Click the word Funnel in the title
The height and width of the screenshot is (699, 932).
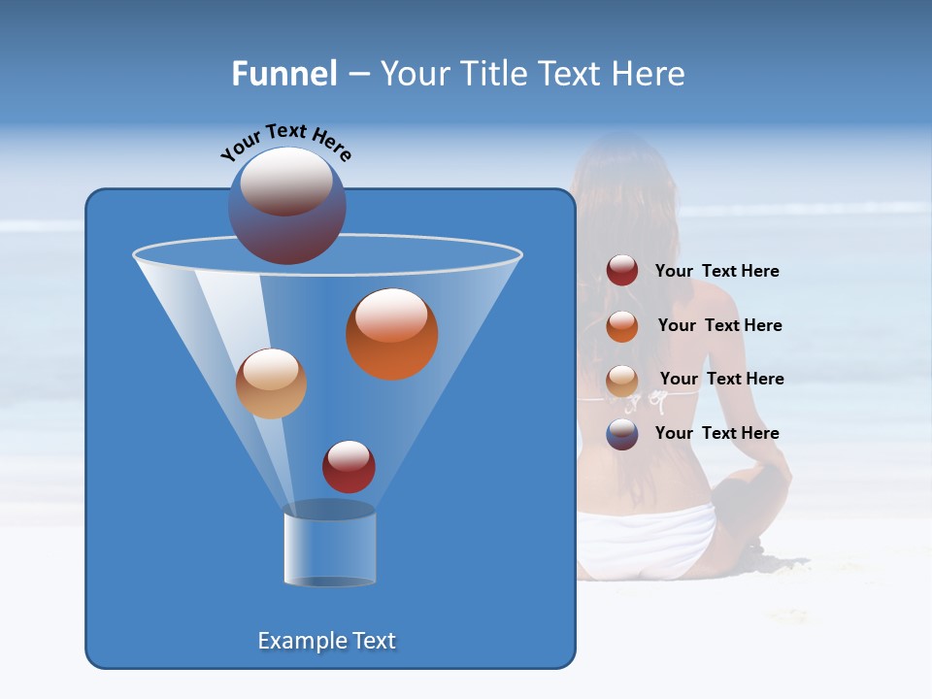(284, 74)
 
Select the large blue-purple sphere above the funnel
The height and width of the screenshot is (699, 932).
(287, 206)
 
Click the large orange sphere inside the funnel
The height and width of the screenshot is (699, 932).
(391, 334)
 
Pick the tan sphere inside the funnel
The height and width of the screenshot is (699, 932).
(271, 383)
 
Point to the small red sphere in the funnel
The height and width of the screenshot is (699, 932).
(349, 467)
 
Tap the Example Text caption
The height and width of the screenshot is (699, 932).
(326, 641)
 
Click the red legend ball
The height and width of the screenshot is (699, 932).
(622, 271)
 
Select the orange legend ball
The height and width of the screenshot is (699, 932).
(622, 326)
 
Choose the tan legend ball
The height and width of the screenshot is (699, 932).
(622, 381)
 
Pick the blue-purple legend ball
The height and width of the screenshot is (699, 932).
(622, 434)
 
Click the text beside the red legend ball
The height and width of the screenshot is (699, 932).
(716, 271)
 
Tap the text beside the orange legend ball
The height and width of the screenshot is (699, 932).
(719, 325)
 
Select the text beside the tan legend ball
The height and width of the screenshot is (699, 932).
(721, 379)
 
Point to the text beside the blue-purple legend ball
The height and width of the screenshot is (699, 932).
(716, 433)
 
